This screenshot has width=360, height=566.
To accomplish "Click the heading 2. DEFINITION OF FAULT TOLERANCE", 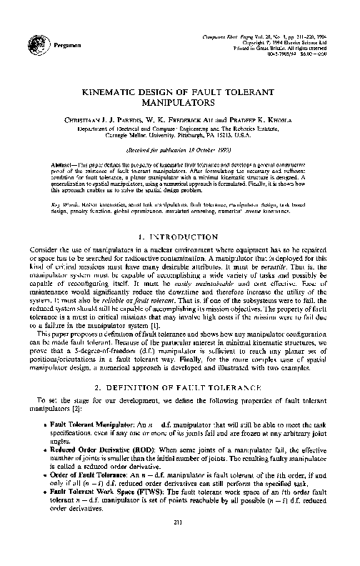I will point(180,387).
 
